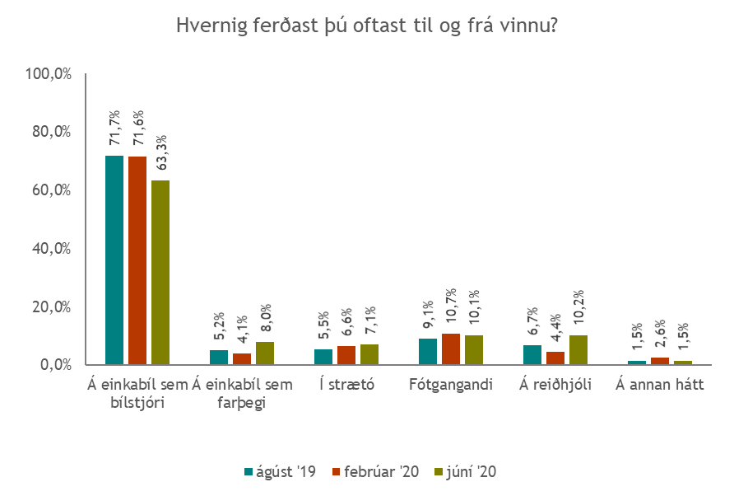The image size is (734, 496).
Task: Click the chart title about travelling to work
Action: pos(367,26)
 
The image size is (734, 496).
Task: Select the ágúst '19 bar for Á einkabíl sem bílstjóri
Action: pos(114,260)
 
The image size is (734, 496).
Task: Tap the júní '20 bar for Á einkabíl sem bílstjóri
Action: pos(160,272)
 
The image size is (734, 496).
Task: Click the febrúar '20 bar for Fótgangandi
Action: pos(450,349)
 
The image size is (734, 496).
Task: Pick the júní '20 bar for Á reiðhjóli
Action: pos(578,349)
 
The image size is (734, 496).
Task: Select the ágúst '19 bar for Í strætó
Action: pos(323,356)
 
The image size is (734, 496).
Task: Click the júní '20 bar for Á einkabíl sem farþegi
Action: pos(264,353)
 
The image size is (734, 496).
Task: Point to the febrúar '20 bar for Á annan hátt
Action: pos(660,360)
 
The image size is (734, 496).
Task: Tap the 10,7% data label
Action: pos(450,307)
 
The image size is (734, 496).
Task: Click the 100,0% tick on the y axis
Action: pos(49,74)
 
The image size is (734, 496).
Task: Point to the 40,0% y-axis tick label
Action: pos(52,248)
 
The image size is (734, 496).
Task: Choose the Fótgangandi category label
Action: pos(450,385)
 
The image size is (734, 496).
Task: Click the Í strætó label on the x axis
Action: pos(346,385)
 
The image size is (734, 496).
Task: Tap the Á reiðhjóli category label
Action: pos(556,385)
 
